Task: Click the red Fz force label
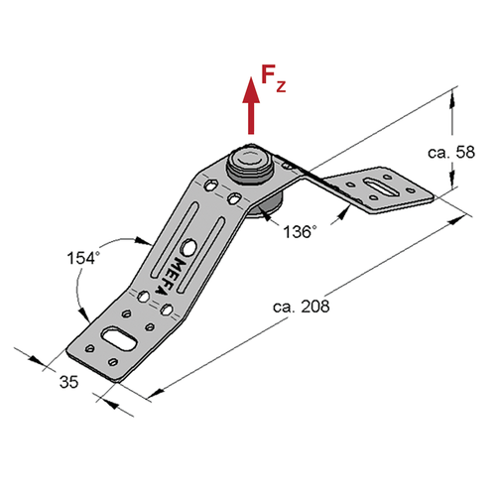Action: click(x=273, y=78)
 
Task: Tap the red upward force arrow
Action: click(x=251, y=105)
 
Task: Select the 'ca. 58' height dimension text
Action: click(x=451, y=152)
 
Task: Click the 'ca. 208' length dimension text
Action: click(x=302, y=307)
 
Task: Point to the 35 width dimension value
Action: click(x=68, y=382)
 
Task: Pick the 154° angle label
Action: click(x=83, y=258)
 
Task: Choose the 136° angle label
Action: click(x=300, y=232)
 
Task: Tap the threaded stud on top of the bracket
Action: click(x=250, y=166)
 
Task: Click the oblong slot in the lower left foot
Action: click(x=118, y=338)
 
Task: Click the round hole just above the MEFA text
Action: click(x=189, y=247)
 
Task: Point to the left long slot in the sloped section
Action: click(x=175, y=239)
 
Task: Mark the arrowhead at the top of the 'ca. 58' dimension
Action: click(x=452, y=98)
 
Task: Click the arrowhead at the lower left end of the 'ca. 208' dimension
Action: click(x=156, y=393)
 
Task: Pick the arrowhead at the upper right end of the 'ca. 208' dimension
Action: click(x=459, y=219)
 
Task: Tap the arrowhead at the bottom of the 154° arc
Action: click(x=84, y=314)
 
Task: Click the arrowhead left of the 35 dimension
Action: click(x=37, y=360)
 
